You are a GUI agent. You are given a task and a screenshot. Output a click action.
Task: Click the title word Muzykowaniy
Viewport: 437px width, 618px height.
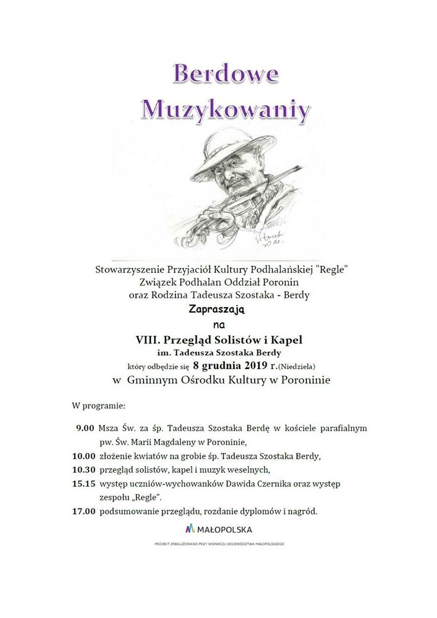(226, 109)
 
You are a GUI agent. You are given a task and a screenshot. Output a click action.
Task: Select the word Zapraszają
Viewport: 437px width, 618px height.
(218, 310)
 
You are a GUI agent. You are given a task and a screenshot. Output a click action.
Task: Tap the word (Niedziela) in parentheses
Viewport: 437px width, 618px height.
(299, 366)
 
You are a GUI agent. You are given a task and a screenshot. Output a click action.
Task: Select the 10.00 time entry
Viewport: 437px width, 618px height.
(84, 455)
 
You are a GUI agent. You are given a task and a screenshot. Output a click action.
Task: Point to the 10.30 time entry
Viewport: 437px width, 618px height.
(84, 469)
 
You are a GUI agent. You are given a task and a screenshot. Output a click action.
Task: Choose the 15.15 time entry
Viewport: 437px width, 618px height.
(84, 483)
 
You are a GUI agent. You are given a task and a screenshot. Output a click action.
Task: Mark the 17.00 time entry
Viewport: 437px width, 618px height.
(84, 512)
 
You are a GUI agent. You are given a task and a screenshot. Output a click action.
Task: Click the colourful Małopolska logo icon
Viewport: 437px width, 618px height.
(190, 529)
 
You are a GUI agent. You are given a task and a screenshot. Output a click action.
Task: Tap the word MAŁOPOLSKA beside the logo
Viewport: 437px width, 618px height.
(224, 530)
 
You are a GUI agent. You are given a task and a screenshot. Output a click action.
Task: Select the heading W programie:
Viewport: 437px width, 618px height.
(98, 407)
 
